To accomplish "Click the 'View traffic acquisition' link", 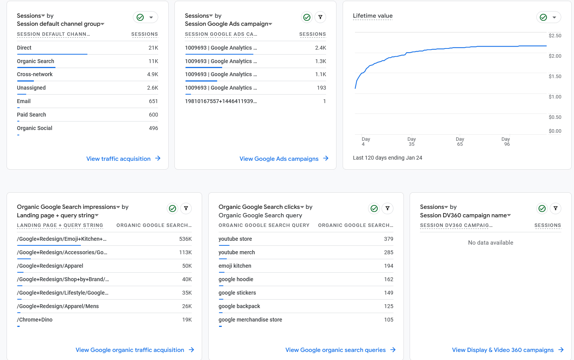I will pos(119,159).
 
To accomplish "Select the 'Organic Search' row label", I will pos(35,61).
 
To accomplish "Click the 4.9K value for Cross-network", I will pos(152,74).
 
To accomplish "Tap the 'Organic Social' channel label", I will pos(35,128).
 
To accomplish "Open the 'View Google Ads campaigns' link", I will pos(279,159).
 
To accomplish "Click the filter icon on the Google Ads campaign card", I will pos(320,17).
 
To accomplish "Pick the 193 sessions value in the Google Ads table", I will pos(321,88).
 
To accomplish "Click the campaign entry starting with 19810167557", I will pos(221,101).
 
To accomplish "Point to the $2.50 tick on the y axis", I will pos(555,36).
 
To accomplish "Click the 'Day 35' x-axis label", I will pos(412,142).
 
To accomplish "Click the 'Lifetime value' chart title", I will pos(373,16).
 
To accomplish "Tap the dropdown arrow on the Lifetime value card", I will pos(554,17).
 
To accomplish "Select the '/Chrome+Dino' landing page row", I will pos(35,320).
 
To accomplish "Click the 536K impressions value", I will pos(185,239).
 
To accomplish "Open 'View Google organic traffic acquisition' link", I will pos(130,350).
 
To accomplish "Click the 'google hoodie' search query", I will pos(236,279).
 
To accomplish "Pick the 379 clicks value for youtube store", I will pos(388,239).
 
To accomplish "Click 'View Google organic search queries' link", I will pos(335,350).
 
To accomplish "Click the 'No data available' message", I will pos(490,243).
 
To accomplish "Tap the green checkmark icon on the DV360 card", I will pos(542,208).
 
